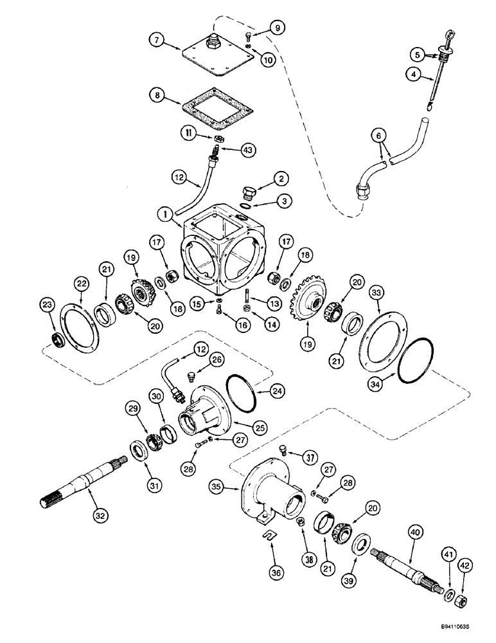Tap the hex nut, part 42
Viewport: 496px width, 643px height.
461,602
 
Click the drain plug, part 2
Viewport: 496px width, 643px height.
249,192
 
